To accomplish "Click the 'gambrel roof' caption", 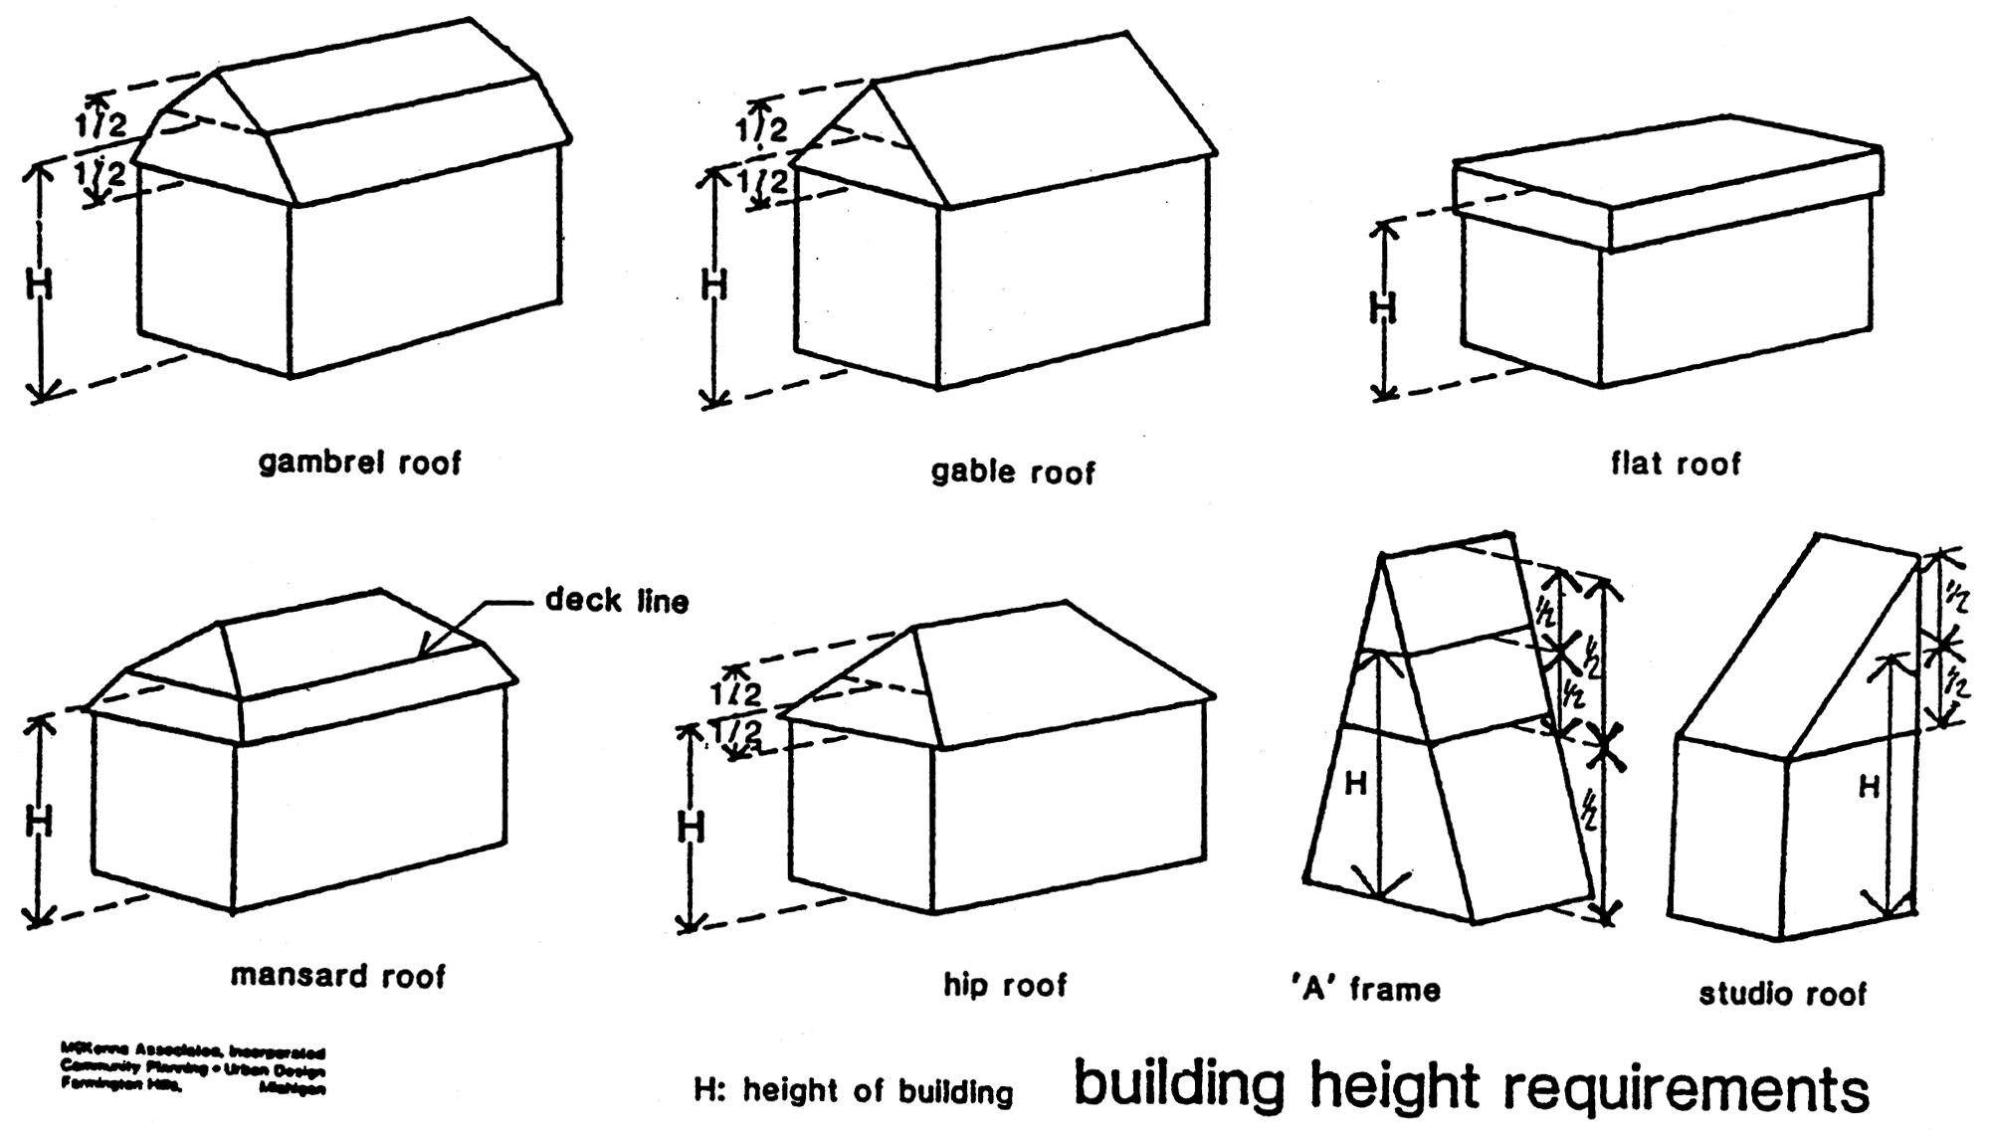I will (359, 463).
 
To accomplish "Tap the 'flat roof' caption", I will (1676, 464).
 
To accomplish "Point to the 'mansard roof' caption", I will (338, 975).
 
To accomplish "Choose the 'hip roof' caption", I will (1005, 985).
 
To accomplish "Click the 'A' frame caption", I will (1365, 990).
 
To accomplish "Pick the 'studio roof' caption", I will (1782, 994).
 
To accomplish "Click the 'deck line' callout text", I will (617, 601).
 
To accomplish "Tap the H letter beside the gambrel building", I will (39, 285).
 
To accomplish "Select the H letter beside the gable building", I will (714, 285).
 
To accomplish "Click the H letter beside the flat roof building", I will (1383, 309).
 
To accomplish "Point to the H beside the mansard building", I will (39, 821).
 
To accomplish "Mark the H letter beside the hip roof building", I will (691, 828).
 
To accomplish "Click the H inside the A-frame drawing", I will (1355, 785).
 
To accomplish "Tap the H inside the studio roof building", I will (1870, 788).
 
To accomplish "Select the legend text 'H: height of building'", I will (853, 1091).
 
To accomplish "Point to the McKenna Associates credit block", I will (193, 1069).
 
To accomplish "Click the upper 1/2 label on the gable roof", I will (761, 129).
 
